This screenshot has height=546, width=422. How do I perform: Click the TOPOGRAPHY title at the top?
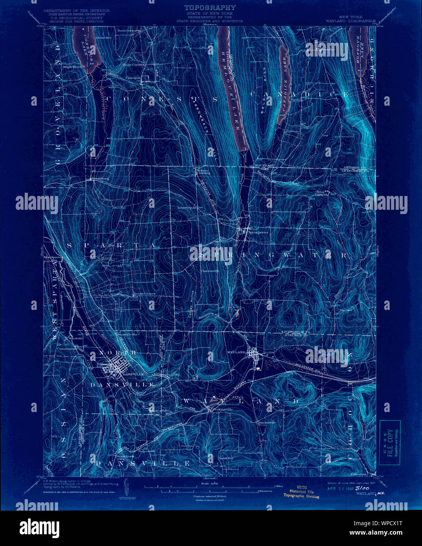tap(210, 7)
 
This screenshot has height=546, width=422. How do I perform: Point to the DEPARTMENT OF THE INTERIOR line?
tap(76, 11)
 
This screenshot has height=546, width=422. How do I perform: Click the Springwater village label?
tap(258, 233)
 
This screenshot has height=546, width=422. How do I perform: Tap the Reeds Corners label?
tap(144, 293)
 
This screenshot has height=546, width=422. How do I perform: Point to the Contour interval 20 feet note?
tap(210, 497)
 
